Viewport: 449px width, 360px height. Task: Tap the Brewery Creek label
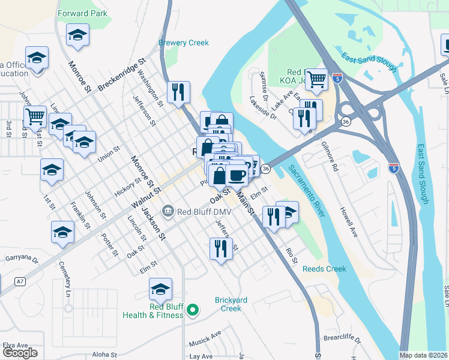[x=183, y=43]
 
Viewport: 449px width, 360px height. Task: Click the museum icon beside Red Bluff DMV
[x=167, y=210]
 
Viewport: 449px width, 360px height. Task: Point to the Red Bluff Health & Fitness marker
[x=192, y=310]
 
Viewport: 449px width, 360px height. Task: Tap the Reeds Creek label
[x=324, y=269]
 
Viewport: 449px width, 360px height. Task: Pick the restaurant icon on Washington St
[x=178, y=92]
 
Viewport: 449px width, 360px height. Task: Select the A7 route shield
[x=21, y=281]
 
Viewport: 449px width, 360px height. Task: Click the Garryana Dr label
[x=22, y=259]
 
